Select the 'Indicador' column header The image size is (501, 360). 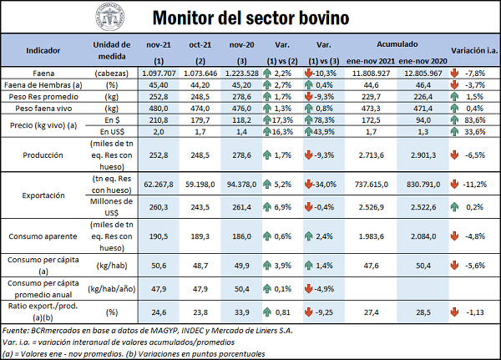43,50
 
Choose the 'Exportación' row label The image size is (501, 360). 43,195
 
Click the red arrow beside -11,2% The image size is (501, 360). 453,184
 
